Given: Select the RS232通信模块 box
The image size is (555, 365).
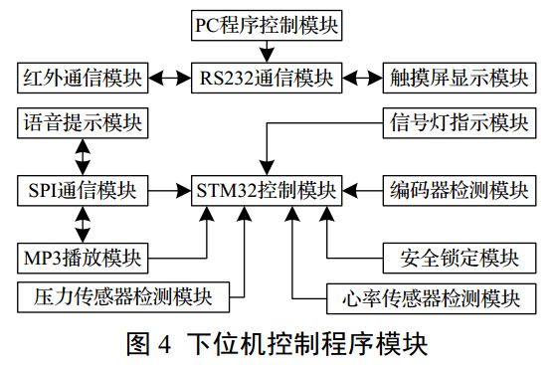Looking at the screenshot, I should point(266,76).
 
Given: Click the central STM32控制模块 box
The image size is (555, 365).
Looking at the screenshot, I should point(266,187).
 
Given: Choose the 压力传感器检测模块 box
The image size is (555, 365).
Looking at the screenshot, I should point(123,295).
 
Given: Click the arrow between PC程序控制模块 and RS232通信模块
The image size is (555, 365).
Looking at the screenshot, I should point(266,50).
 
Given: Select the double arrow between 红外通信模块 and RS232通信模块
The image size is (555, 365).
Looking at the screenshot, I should point(170,76).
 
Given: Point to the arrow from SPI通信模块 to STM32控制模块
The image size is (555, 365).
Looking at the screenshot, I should point(170,187).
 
